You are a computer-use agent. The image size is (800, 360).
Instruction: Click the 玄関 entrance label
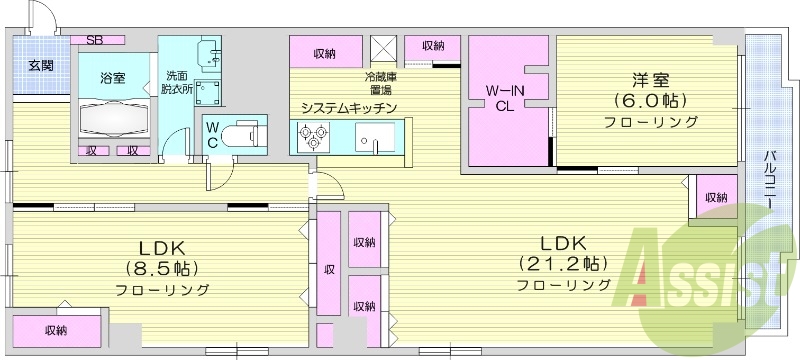click(41, 66)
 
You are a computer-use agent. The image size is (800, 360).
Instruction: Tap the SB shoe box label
click(95, 40)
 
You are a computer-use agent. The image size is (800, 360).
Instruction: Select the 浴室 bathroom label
click(112, 77)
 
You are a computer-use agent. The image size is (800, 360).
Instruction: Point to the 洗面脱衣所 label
click(176, 82)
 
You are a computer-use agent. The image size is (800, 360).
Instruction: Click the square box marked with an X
click(383, 48)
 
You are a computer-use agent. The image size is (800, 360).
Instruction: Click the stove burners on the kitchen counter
click(312, 135)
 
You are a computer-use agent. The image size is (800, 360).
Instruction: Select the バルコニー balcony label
click(771, 180)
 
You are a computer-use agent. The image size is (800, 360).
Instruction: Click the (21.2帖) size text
click(563, 264)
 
